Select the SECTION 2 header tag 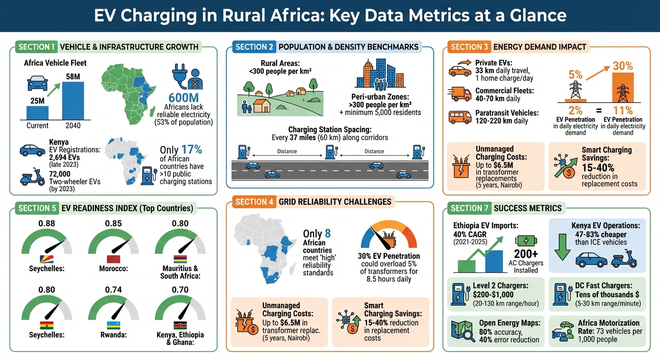coord(255,47)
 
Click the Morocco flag coord(113,259)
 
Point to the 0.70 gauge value coord(180,290)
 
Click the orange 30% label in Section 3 coord(622,66)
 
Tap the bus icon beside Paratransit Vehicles coord(460,117)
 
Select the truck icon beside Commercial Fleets coord(460,94)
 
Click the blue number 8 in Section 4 coord(328,234)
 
